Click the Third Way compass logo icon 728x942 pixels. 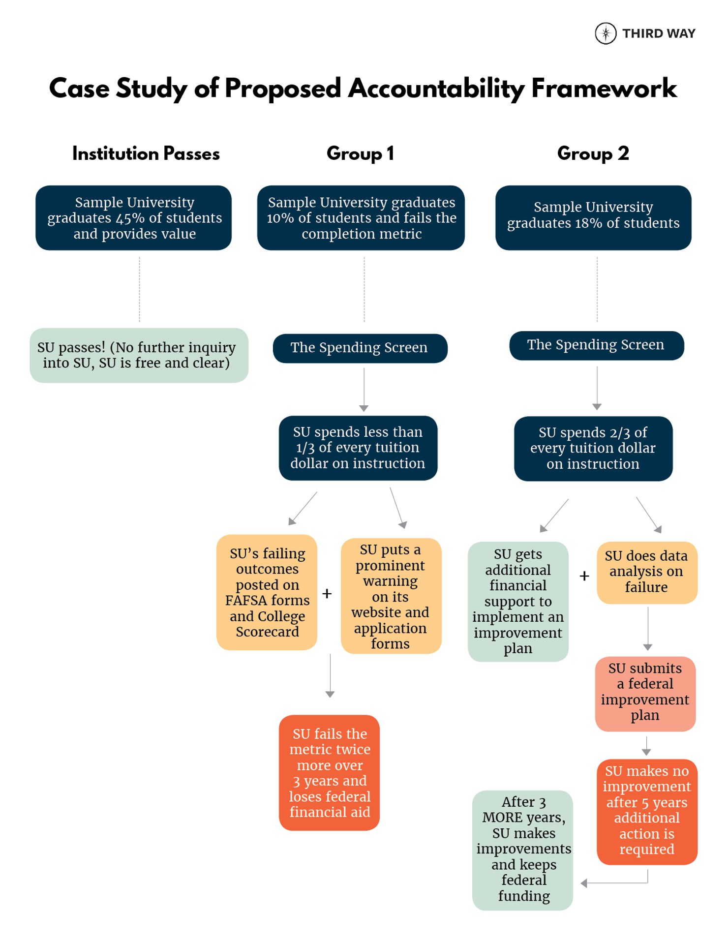605,33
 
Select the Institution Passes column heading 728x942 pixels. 146,153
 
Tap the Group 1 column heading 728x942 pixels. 360,153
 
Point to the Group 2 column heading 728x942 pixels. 593,153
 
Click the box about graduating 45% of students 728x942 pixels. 134,218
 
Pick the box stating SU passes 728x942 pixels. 139,355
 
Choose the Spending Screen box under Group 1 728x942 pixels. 360,348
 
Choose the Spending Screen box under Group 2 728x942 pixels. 596,345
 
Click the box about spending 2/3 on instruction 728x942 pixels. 593,448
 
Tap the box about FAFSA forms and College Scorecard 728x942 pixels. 267,592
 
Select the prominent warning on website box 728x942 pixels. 391,596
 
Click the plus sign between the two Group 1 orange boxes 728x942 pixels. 327,594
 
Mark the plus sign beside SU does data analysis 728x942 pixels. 584,576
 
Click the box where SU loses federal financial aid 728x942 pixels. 329,772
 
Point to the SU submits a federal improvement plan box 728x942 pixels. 645,693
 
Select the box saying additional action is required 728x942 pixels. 646,811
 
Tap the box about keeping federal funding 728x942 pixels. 523,850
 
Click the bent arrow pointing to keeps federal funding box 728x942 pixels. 615,883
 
